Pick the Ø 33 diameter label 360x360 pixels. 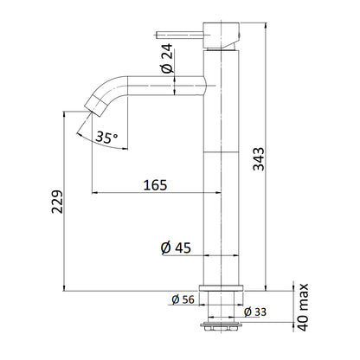[256, 312]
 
